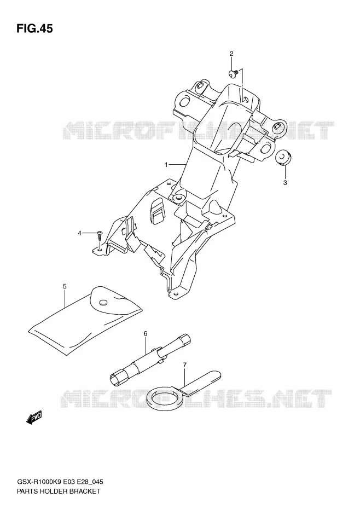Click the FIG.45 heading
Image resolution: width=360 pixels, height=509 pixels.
click(x=34, y=29)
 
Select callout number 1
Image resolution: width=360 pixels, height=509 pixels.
click(x=166, y=165)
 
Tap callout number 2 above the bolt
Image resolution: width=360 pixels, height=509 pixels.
click(x=231, y=54)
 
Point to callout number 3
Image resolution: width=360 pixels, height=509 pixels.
click(x=285, y=183)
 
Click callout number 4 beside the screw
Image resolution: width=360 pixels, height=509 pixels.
click(x=79, y=233)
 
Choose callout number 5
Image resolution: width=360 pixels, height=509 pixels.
click(x=65, y=286)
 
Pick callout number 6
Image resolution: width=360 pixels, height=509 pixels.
click(x=146, y=333)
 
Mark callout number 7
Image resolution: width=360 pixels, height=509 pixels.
click(x=185, y=365)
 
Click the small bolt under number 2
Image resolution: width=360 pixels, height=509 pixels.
click(x=234, y=74)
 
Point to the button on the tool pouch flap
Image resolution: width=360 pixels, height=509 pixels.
click(x=103, y=303)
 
